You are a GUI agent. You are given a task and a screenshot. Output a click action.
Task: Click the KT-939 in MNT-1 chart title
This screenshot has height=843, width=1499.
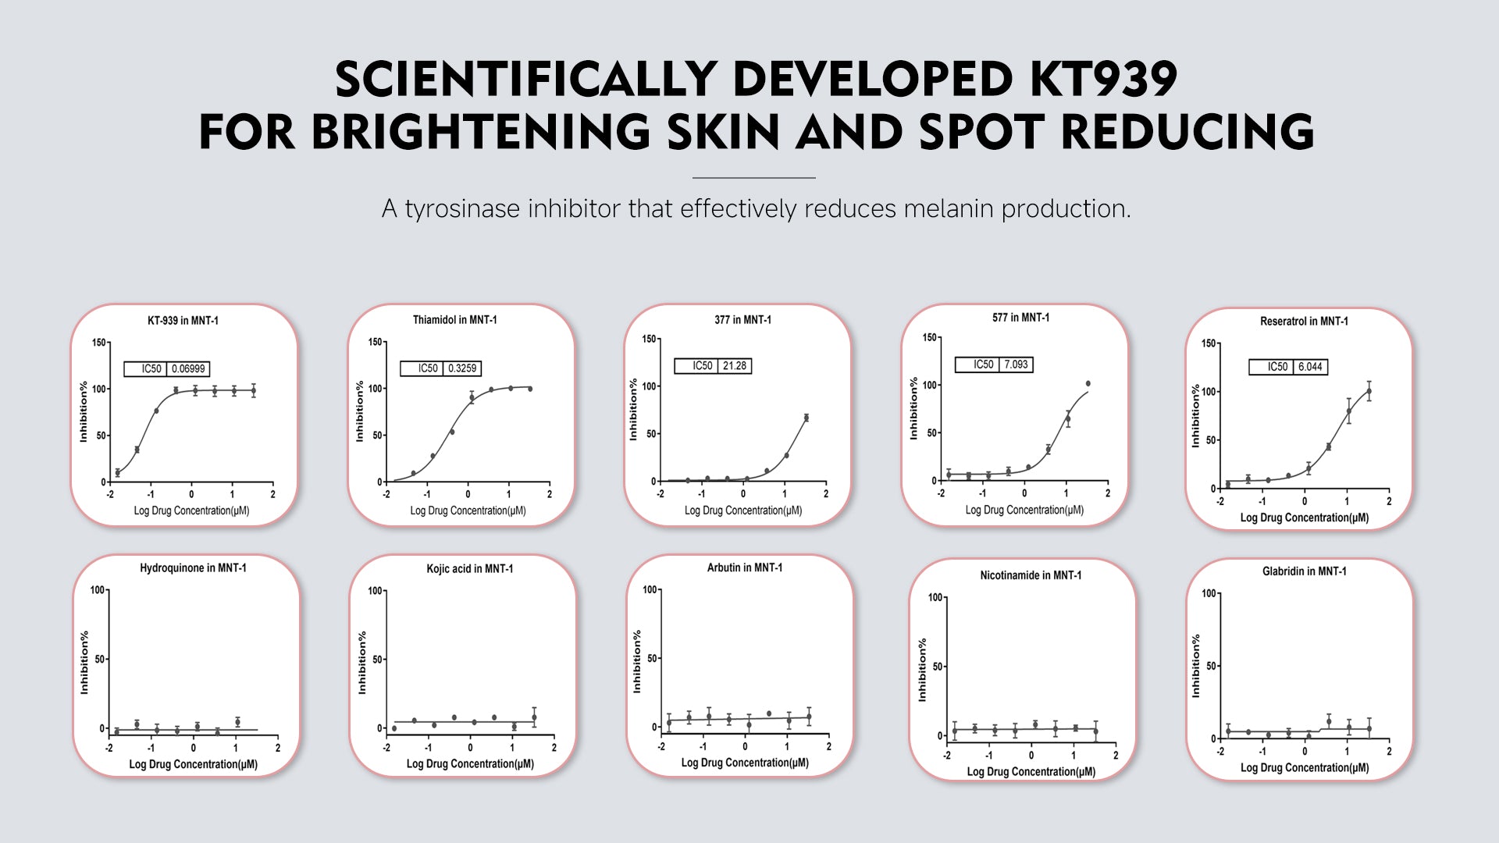[183, 321]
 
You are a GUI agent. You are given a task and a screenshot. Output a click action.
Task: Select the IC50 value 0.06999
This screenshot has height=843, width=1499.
[188, 369]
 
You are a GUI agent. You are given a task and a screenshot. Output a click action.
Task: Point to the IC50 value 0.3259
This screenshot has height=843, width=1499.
[462, 368]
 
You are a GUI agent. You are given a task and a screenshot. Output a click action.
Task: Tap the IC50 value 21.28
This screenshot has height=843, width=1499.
[734, 366]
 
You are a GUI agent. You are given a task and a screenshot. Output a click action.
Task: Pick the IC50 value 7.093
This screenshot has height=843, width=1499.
[1016, 365]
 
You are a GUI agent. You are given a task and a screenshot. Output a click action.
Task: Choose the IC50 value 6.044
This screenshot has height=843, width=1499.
[1310, 367]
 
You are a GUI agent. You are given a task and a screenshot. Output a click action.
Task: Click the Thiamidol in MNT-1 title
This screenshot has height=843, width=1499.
[454, 320]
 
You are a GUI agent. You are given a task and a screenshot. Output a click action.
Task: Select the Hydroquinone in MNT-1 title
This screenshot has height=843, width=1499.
[193, 568]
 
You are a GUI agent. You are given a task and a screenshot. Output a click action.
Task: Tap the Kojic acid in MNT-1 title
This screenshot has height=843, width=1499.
[469, 569]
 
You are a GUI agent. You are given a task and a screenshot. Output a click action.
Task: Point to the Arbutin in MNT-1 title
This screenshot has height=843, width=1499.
[744, 568]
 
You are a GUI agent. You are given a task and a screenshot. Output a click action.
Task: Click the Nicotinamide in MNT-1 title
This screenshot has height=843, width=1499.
[1031, 575]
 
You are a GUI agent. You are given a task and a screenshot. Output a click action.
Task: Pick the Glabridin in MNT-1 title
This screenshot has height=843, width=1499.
[1304, 571]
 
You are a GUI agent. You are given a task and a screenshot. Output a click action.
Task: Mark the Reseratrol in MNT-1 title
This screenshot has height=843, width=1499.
[1303, 322]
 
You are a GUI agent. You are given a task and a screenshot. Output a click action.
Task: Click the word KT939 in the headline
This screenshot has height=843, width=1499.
[1102, 80]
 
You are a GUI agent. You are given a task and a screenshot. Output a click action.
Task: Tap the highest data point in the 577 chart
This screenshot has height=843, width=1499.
[1088, 384]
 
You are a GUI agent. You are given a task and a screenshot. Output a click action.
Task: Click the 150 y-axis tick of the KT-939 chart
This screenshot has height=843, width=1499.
[99, 343]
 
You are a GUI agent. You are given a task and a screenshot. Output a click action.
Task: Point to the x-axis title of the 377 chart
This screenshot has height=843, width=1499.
[742, 510]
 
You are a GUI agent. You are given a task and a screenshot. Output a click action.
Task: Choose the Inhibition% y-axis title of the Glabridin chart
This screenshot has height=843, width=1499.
[1195, 666]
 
